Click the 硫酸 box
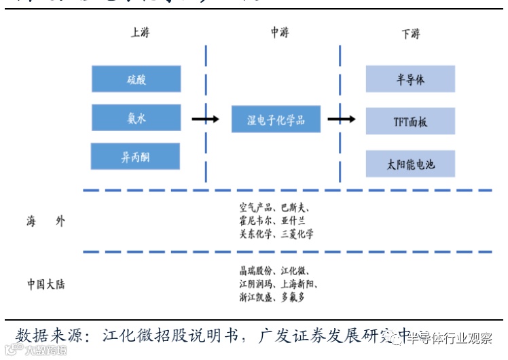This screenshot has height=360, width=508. (x=136, y=79)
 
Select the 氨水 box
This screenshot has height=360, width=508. (x=136, y=118)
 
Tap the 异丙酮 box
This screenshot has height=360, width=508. (x=135, y=156)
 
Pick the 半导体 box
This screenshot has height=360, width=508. (x=410, y=79)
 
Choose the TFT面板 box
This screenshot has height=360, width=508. (x=410, y=122)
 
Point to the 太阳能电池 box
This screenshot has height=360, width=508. (x=410, y=164)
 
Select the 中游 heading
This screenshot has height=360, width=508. (x=279, y=33)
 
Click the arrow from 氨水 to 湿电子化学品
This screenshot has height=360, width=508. (x=204, y=120)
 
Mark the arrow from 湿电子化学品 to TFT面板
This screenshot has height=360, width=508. (x=342, y=120)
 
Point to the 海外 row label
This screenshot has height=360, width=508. (x=46, y=221)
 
